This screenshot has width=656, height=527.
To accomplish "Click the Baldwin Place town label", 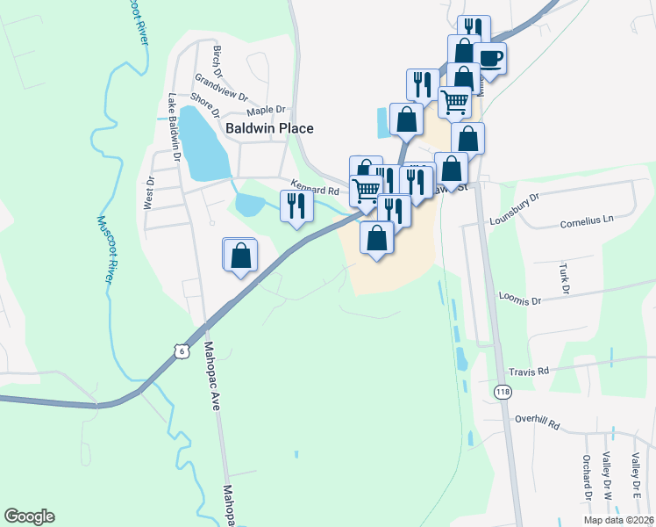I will [269, 128].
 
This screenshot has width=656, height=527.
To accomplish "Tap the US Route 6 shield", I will [181, 350].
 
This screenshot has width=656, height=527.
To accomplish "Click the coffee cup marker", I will [489, 60].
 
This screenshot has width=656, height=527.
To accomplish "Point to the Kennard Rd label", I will [315, 190].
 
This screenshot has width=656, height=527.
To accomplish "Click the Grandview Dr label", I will [222, 88].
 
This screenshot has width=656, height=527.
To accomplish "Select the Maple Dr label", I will [267, 111].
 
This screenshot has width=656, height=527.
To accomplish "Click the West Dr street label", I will [150, 192].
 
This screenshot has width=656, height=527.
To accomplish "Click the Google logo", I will [29, 516].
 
